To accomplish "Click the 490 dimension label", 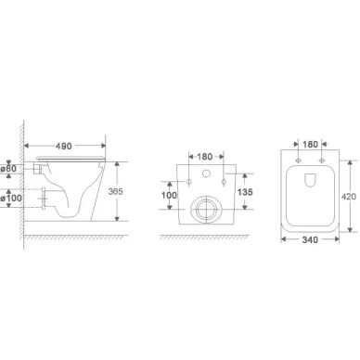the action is point(64,146).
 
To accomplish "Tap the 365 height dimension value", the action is point(115,192).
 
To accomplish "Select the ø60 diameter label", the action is point(8,169).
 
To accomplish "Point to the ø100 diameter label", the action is point(11,198).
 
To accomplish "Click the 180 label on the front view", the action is point(205,157).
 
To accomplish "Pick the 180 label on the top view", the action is point(310,145).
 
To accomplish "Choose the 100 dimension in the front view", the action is point(169,195).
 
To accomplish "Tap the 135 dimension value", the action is point(245,192).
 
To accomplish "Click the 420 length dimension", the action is point(349,197).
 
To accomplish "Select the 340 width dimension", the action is point(310,239).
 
